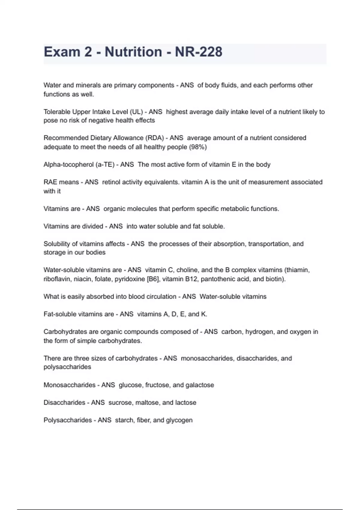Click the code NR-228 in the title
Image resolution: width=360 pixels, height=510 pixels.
(x=199, y=52)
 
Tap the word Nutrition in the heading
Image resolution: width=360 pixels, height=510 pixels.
(x=133, y=52)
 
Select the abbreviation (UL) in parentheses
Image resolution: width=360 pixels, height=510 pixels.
(x=136, y=112)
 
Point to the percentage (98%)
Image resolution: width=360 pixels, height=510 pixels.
(x=198, y=147)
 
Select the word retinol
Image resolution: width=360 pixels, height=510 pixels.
(x=111, y=182)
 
